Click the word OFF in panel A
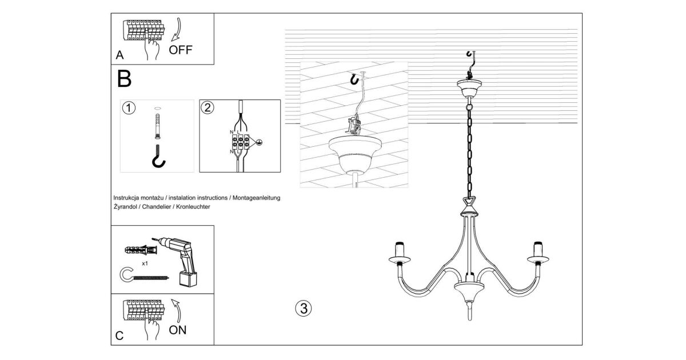click(181, 50)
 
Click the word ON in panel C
click(178, 330)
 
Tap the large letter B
click(124, 79)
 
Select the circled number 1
click(129, 108)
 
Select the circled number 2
click(208, 108)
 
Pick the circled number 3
click(304, 308)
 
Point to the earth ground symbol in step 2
click(259, 142)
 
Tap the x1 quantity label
click(145, 263)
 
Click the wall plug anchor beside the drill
click(141, 250)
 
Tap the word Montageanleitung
click(256, 198)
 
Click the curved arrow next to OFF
click(176, 29)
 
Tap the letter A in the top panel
click(119, 55)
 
